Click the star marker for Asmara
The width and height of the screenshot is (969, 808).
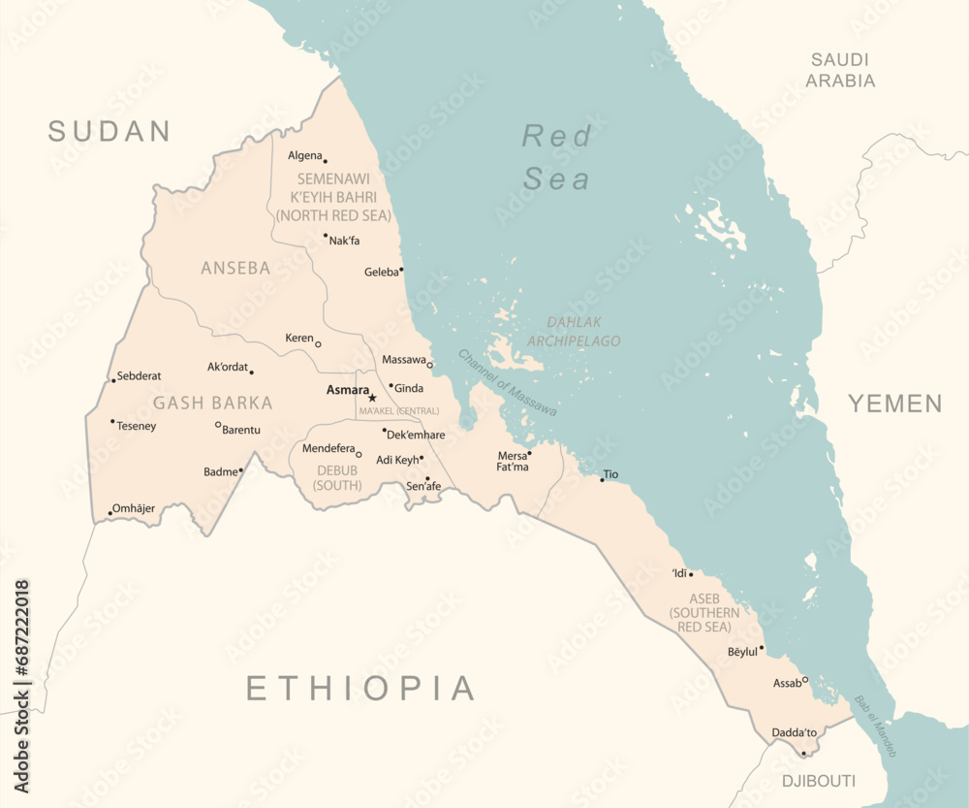(372, 398)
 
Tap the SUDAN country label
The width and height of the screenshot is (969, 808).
(109, 131)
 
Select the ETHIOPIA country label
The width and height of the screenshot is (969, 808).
(360, 688)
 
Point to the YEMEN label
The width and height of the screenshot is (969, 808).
(895, 404)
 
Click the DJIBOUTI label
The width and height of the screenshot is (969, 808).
(820, 781)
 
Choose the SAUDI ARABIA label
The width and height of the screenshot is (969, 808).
(841, 70)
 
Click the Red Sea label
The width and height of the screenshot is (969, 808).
(557, 157)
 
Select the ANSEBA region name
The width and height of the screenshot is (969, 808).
(235, 268)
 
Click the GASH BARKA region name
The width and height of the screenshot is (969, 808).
(213, 403)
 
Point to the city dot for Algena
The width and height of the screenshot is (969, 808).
(325, 161)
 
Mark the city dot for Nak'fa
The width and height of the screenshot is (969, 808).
(326, 235)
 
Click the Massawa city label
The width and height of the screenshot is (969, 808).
(404, 360)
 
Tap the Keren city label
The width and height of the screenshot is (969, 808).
(299, 339)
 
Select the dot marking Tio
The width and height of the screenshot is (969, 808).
(602, 479)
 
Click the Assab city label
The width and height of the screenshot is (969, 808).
(787, 683)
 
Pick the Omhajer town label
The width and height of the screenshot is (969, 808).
(134, 508)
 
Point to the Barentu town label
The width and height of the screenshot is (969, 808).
(241, 429)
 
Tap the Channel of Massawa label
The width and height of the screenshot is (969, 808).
(507, 382)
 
